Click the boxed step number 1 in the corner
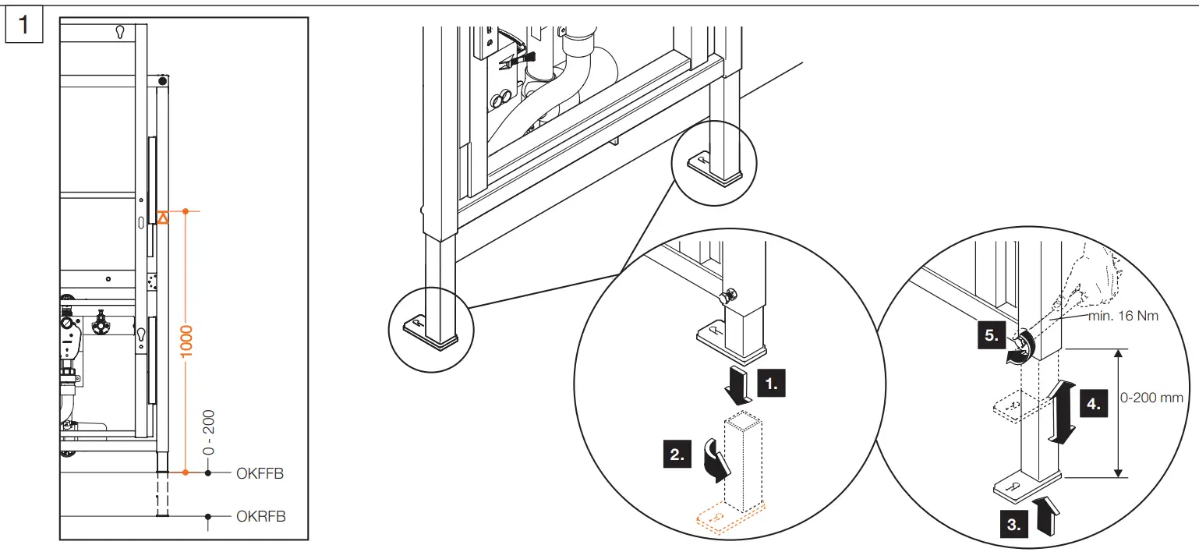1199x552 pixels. tap(23, 24)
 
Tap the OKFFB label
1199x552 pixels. tap(260, 472)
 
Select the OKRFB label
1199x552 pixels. tap(260, 516)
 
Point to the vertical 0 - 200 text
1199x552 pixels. tap(208, 433)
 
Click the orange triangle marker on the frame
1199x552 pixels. tap(162, 218)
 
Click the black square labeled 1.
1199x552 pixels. tap(770, 384)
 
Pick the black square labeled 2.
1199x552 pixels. tap(677, 455)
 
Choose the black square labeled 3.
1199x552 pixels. tap(1013, 525)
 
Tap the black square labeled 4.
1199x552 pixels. tap(1094, 404)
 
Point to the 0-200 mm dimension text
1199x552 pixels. tap(1151, 398)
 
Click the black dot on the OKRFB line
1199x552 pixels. tap(208, 516)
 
